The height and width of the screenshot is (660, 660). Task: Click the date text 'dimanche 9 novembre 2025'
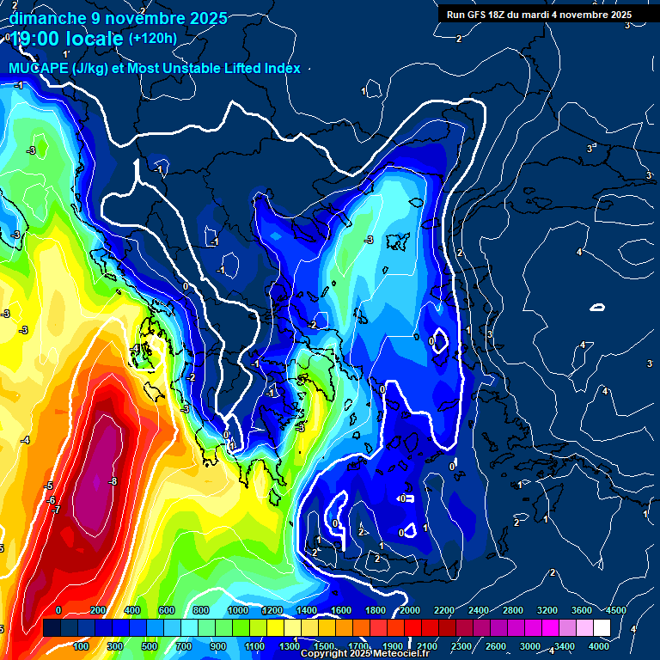(118, 18)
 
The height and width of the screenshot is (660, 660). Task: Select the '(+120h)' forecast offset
(152, 38)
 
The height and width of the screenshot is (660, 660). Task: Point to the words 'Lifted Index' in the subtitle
(260, 68)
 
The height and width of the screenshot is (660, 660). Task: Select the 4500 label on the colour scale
(615, 610)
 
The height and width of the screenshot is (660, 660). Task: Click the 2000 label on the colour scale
(410, 610)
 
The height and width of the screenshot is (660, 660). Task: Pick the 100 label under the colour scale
(82, 645)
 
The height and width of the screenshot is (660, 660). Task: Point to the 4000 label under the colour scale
(599, 645)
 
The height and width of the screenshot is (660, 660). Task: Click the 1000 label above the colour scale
(237, 610)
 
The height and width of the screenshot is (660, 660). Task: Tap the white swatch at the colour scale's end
(602, 627)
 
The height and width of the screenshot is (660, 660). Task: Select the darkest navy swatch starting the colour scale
(52, 627)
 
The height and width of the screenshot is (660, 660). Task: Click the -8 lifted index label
(113, 481)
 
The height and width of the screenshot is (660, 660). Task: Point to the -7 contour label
(56, 510)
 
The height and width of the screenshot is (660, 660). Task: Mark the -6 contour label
(51, 499)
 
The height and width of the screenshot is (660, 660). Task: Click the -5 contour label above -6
(49, 486)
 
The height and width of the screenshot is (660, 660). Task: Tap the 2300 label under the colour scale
(461, 645)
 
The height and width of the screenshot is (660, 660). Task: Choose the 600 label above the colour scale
(168, 610)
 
